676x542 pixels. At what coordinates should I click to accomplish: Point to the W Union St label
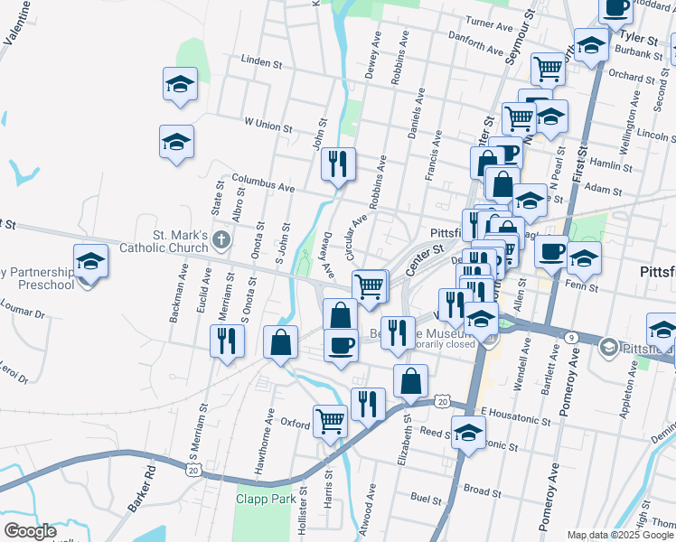(268, 125)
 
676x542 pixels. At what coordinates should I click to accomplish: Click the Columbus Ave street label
(263, 182)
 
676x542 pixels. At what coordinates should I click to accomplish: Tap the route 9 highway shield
(573, 337)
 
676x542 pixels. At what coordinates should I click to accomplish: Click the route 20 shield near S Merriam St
(192, 469)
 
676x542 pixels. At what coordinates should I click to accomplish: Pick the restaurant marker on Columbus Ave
(338, 164)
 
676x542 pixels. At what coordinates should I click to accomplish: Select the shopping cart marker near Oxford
(330, 420)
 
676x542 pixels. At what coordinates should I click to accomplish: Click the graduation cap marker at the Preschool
(89, 263)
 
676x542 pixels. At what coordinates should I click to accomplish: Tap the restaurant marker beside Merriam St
(226, 341)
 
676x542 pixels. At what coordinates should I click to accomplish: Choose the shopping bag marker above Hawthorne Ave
(281, 342)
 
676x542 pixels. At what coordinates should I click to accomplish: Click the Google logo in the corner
(29, 531)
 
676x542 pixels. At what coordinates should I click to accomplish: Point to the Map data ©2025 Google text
(619, 535)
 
